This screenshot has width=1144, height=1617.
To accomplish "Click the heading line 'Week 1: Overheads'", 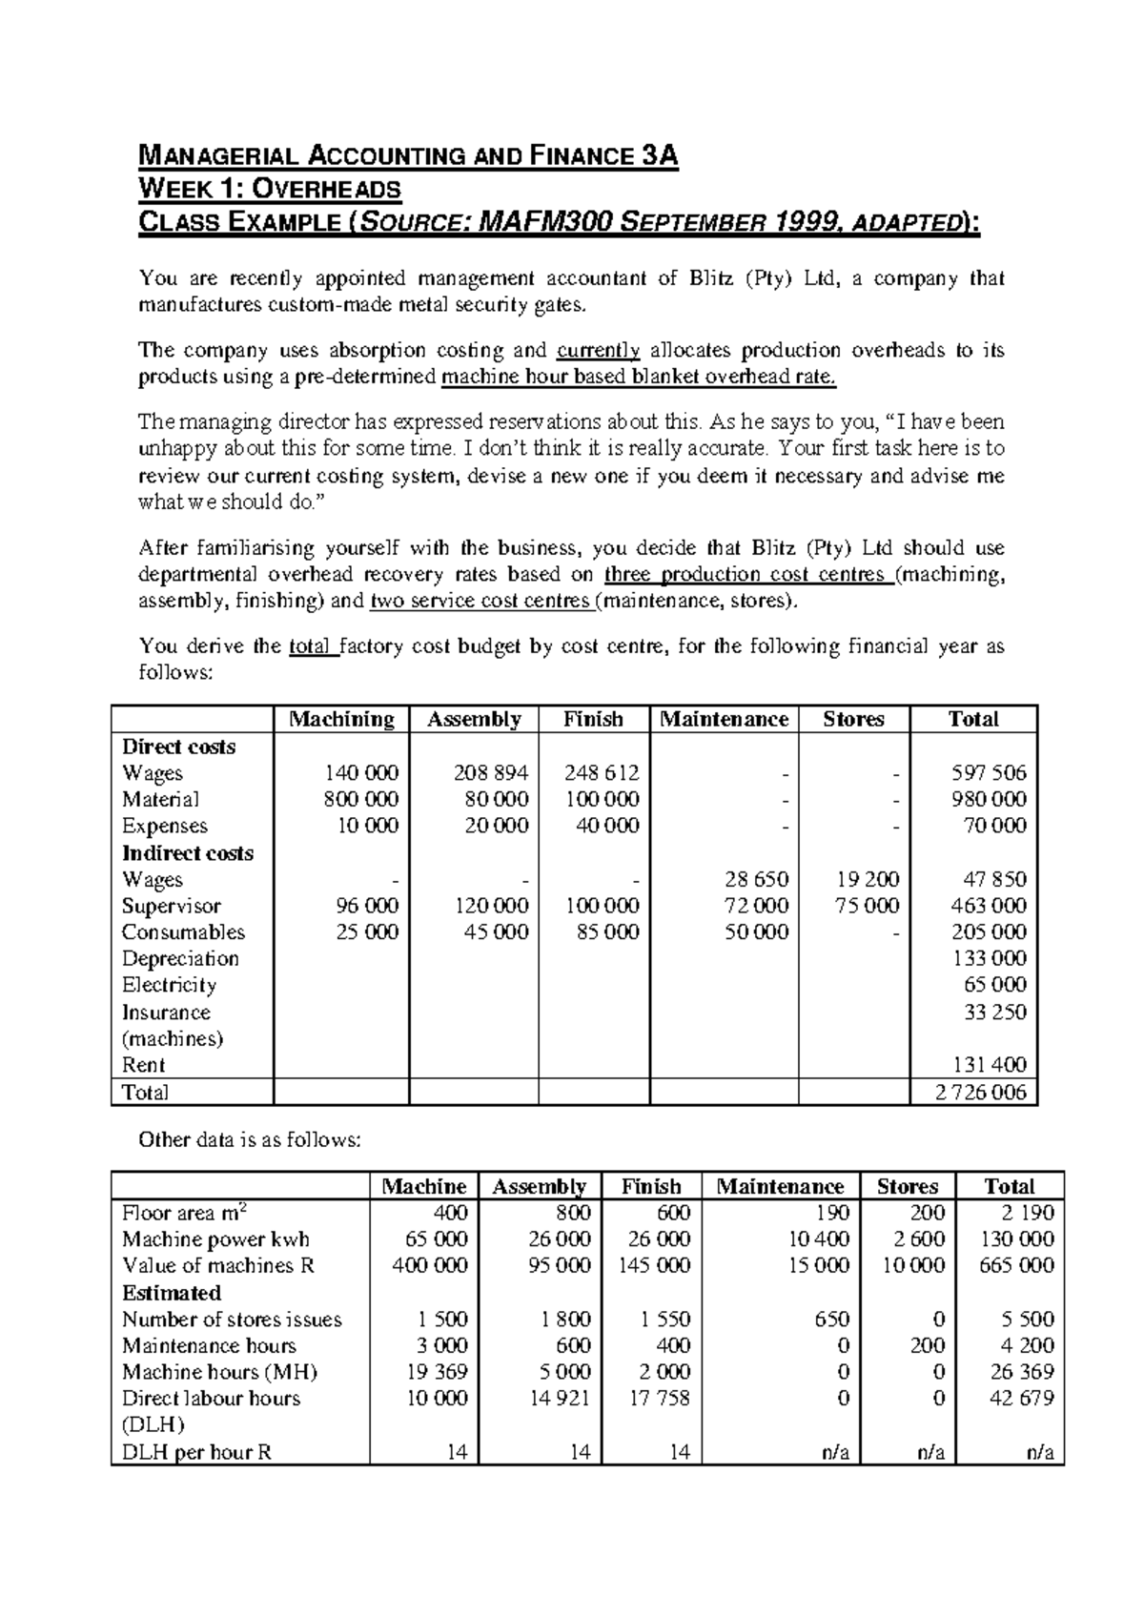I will pyautogui.click(x=270, y=189).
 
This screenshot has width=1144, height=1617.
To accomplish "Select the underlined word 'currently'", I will pyautogui.click(x=599, y=350).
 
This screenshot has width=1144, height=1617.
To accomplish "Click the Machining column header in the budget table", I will pyautogui.click(x=341, y=719).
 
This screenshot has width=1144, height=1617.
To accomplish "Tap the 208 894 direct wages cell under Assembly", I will pyautogui.click(x=492, y=772).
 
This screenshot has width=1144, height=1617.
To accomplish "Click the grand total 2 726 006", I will pyautogui.click(x=980, y=1093).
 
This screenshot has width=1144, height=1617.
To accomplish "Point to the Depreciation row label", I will pyautogui.click(x=180, y=958).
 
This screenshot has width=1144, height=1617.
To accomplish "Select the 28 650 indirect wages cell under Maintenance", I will pyautogui.click(x=757, y=879).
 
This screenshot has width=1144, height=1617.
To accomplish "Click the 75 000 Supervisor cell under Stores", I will pyautogui.click(x=868, y=906).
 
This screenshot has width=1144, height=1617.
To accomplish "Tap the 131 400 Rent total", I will pyautogui.click(x=994, y=1065).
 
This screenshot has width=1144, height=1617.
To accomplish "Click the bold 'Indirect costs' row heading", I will pyautogui.click(x=188, y=853).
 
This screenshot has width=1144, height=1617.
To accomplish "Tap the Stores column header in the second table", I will pyautogui.click(x=907, y=1186).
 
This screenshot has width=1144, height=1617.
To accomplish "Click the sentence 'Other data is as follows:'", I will pyautogui.click(x=251, y=1139).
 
